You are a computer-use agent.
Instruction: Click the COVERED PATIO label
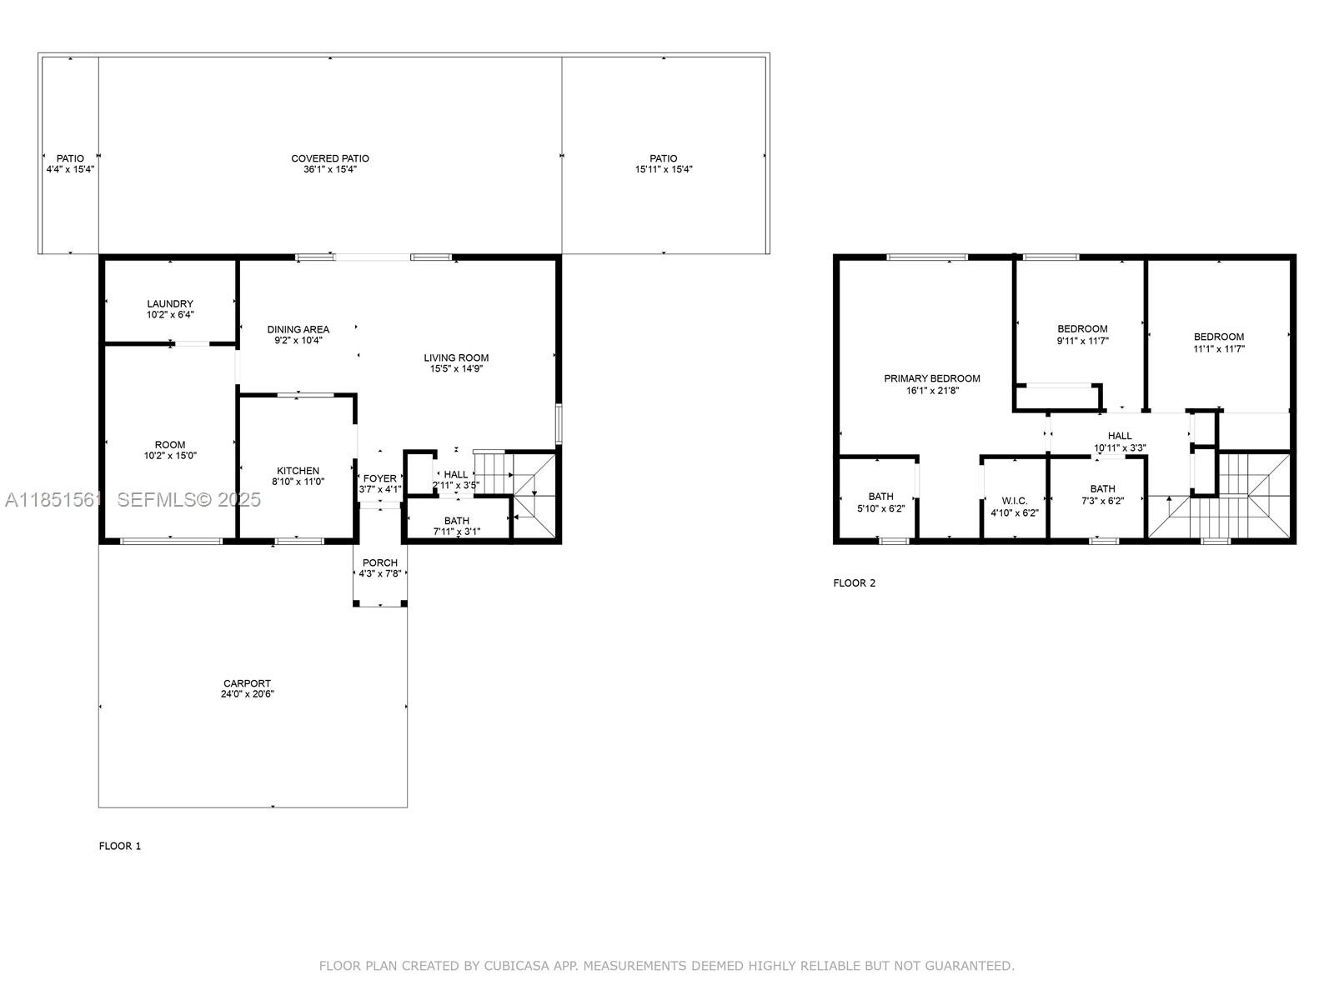click(329, 158)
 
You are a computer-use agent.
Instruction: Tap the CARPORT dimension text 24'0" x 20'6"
click(247, 694)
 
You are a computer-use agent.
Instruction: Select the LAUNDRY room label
click(170, 304)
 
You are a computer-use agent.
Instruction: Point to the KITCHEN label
click(298, 471)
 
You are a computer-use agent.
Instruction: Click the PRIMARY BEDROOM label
click(931, 378)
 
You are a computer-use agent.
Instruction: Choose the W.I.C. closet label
click(1014, 502)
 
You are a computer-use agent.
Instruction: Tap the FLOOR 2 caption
click(854, 583)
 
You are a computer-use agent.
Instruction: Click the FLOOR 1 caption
click(120, 846)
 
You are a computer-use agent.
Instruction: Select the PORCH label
click(379, 562)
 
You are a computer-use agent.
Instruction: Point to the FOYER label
click(379, 478)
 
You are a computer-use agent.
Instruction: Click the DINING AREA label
click(298, 329)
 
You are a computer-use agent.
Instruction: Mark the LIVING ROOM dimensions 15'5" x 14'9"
click(456, 369)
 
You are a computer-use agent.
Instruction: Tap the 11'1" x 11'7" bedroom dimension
click(1218, 349)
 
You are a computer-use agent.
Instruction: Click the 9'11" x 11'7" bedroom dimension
click(1081, 341)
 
